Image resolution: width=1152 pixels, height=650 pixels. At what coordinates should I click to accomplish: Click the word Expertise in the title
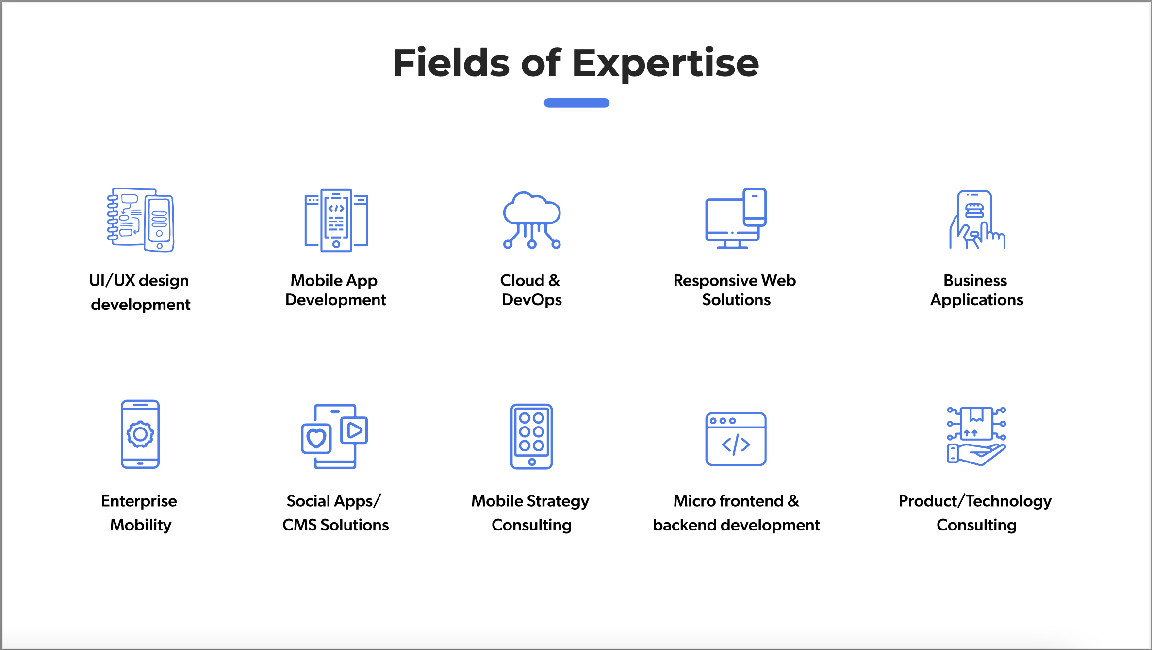pos(666,64)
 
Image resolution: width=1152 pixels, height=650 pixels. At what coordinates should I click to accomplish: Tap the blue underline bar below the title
pos(576,103)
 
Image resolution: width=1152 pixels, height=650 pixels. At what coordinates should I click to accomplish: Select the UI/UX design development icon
pos(141,220)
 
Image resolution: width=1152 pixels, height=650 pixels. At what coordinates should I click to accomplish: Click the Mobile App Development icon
pos(336,220)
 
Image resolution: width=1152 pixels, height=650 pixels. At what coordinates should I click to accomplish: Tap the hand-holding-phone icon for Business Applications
pos(977,220)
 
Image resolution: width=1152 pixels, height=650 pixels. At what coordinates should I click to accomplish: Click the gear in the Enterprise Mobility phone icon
pos(140,434)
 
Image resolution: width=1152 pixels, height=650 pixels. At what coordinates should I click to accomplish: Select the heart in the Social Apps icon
pos(316,438)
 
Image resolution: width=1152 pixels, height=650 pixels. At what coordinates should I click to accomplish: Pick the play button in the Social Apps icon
pos(355,430)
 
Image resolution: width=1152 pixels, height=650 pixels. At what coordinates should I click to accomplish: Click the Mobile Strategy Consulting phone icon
pos(531,436)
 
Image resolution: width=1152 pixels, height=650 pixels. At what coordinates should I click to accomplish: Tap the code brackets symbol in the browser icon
pos(736,445)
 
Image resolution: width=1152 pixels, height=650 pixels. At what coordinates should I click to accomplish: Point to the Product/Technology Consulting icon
pos(976,436)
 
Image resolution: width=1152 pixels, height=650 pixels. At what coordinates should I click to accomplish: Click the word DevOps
pos(532,300)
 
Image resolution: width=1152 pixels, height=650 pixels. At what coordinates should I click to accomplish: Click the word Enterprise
pos(139,501)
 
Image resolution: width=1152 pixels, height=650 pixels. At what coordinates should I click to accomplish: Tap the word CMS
pos(299,525)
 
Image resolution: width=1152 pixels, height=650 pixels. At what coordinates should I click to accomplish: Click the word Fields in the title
pos(451,63)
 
